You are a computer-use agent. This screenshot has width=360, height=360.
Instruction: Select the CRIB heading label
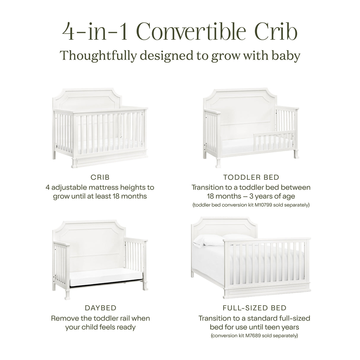100,177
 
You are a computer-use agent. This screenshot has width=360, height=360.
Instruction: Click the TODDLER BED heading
251,177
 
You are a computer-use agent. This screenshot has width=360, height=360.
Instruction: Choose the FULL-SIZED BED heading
254,308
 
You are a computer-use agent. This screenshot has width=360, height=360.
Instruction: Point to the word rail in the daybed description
128,318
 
